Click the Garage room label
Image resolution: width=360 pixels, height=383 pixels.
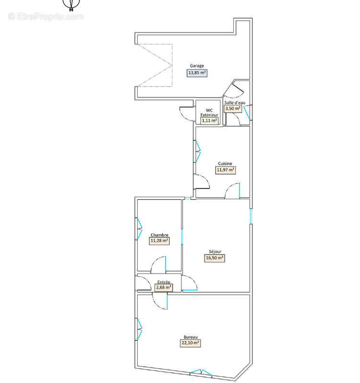pos(197,66)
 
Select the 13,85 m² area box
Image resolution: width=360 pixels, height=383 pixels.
pos(197,73)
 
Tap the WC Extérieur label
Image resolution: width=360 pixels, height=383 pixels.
pos(209,113)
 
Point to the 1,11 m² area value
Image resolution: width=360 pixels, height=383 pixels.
pos(209,121)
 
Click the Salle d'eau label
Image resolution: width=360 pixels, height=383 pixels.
pos(235,103)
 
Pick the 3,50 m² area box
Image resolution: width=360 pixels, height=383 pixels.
pos(233,109)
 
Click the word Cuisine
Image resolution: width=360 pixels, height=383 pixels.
pos(225,163)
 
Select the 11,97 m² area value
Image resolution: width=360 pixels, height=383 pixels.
pos(225,170)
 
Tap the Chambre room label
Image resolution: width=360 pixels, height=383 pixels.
pos(160,235)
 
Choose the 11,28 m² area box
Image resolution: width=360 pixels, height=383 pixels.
pos(159,241)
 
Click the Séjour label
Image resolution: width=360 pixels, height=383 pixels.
pos(215,252)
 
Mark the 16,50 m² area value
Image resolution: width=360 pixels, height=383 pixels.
pos(214,258)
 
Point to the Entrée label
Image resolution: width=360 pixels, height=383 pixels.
pos(163,282)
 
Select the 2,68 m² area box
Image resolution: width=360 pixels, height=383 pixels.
pos(163,288)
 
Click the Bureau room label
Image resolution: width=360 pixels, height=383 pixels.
pos(190,337)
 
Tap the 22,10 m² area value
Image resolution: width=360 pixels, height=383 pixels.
pos(190,343)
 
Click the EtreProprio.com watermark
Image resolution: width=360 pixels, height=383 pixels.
pos(46,17)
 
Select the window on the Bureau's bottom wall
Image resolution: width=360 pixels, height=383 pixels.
pos(201,372)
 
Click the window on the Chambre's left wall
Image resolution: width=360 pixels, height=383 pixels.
pos(139,229)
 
